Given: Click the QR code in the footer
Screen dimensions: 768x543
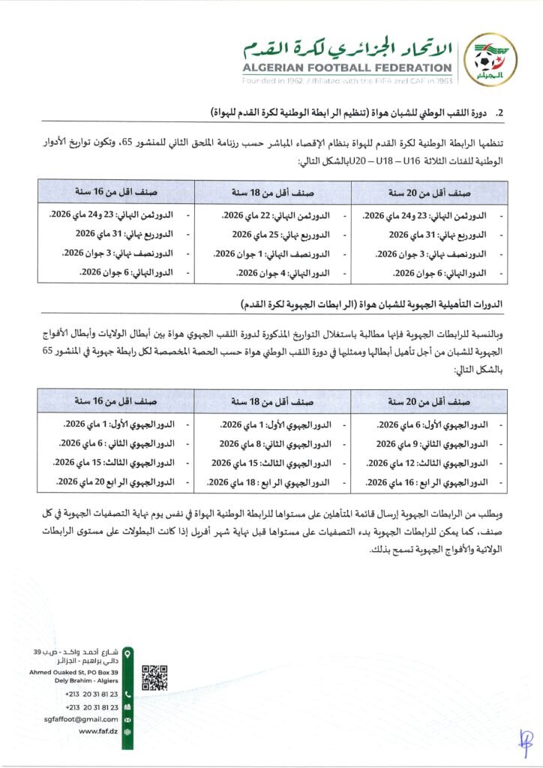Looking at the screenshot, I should point(154,677).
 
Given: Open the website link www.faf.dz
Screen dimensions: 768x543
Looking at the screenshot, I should point(97,730).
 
